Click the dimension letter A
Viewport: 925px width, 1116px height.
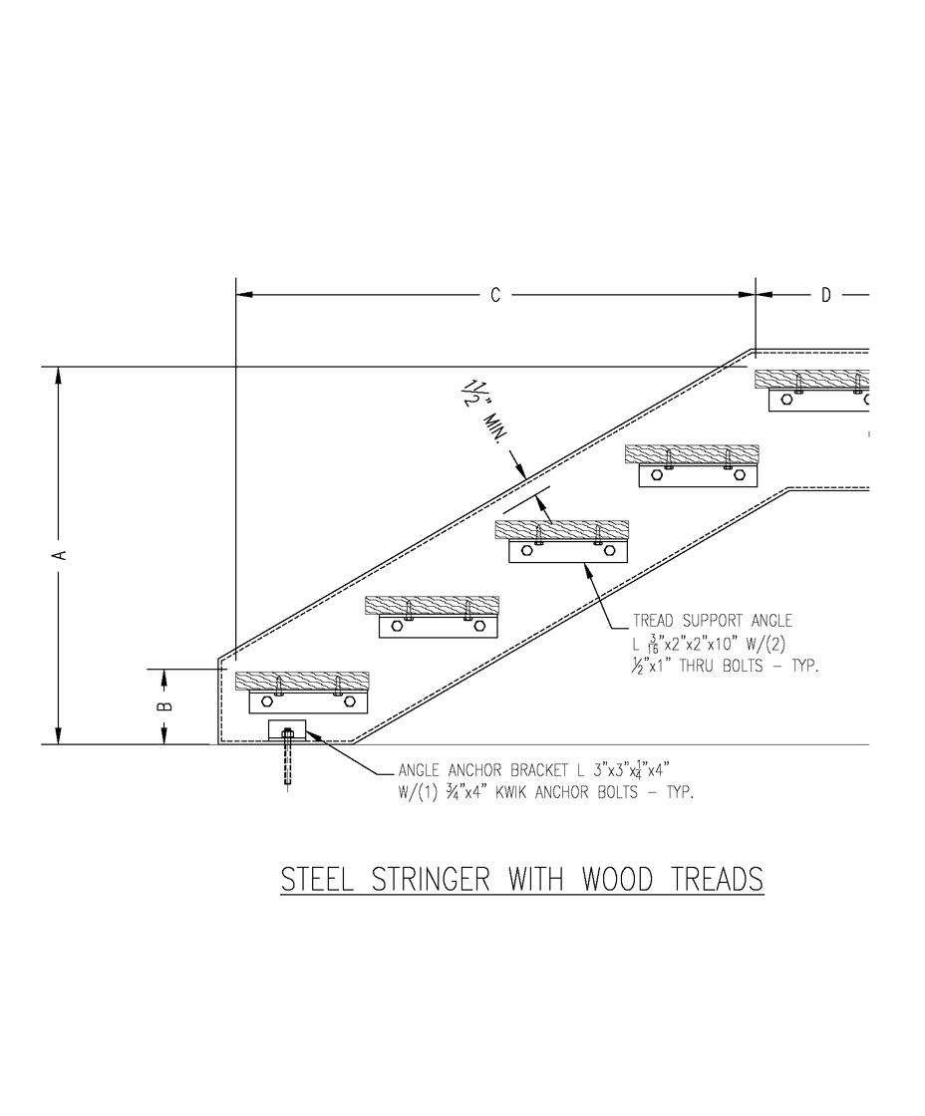61,554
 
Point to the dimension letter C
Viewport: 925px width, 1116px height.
495,295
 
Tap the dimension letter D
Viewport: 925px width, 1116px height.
826,295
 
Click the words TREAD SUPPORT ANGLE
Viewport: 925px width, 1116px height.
713,622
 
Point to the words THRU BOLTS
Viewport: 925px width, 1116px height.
726,666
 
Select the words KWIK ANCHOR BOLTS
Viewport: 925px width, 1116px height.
582,793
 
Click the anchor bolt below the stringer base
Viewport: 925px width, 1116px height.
288,762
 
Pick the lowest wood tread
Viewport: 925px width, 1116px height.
302,682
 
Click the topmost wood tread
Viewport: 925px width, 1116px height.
811,379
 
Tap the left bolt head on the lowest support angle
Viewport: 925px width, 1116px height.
267,701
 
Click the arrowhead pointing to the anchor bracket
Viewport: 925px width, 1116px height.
308,734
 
